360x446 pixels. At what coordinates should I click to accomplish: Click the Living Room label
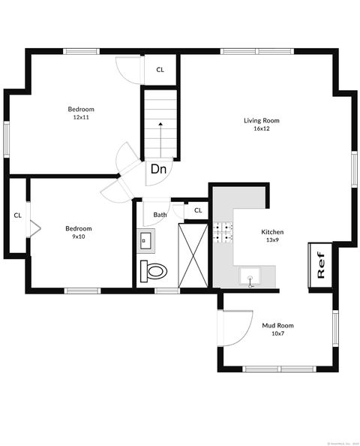[x=261, y=120]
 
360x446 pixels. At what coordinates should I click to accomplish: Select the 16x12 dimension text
[x=261, y=128]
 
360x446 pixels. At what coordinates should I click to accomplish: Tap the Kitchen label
[x=272, y=232]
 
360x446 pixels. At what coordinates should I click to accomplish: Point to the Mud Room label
[x=277, y=325]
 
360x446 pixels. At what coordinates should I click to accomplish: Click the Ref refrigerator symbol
[x=320, y=266]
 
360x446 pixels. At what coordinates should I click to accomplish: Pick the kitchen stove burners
[x=223, y=234]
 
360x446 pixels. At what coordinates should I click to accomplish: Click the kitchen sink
[x=250, y=277]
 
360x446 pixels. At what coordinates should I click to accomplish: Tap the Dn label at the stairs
[x=158, y=169]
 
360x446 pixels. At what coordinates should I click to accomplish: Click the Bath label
[x=160, y=215]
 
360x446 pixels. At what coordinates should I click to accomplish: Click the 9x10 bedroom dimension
[x=78, y=237]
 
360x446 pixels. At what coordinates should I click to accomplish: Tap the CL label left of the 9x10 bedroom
[x=16, y=215]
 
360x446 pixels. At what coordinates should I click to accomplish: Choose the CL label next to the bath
[x=198, y=210]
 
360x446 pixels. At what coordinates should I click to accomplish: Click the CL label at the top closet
[x=160, y=70]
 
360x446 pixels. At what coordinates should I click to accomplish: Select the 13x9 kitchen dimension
[x=272, y=240]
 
